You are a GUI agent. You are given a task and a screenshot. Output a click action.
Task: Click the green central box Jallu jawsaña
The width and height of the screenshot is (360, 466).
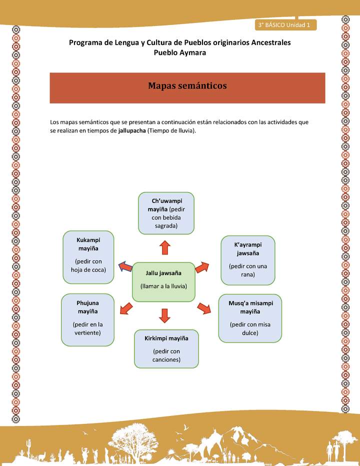163,281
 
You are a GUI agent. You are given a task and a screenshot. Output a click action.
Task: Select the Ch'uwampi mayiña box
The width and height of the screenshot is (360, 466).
166,213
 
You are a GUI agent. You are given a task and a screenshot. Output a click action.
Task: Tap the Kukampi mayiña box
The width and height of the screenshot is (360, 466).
88,257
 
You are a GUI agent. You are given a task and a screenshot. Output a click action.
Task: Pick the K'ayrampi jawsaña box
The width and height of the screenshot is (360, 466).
247,259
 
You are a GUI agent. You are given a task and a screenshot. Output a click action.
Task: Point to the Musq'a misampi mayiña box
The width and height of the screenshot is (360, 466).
249,318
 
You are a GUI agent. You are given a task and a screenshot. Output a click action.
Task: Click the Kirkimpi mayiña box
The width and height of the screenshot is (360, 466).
166,348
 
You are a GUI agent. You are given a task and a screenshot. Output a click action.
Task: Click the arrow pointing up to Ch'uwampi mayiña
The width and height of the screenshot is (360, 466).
164,247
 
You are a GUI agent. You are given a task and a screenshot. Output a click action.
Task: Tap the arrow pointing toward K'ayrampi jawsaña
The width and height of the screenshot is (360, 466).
202,267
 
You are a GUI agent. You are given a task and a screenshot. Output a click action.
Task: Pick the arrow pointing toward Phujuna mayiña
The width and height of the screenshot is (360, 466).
126,308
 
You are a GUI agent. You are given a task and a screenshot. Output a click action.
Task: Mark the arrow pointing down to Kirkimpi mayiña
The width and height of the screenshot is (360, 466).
165,315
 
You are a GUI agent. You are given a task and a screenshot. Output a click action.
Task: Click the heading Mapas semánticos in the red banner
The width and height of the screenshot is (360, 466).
187,86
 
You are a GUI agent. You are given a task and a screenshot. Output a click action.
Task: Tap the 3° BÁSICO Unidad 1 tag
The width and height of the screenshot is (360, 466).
284,24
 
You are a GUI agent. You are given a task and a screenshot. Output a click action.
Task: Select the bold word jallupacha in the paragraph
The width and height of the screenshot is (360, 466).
132,131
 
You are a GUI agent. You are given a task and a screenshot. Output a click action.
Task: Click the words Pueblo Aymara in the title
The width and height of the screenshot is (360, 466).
179,52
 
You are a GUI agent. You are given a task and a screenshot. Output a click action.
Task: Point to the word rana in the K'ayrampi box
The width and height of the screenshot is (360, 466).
248,274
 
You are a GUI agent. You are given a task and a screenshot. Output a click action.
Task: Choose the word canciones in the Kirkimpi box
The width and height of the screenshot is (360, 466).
166,359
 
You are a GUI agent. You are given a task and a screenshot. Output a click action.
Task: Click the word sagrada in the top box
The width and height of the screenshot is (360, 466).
166,226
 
